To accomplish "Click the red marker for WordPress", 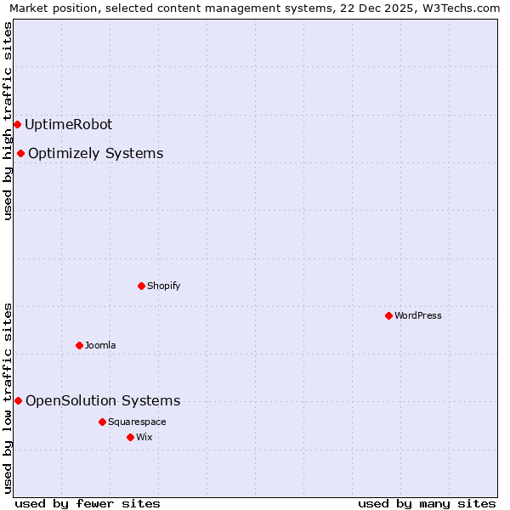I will tap(388, 315).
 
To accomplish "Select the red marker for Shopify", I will tap(142, 286).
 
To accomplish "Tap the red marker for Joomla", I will tap(79, 345).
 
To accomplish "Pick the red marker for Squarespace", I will tap(102, 422).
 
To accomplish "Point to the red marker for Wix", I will tap(130, 437).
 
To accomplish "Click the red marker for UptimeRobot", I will tap(17, 124).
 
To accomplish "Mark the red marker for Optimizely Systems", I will tap(20, 153).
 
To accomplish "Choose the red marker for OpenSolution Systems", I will tap(18, 400).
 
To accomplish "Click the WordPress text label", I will tap(418, 315).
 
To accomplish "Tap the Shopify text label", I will tap(164, 286).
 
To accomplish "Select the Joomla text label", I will tap(100, 345).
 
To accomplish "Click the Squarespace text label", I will tap(137, 422).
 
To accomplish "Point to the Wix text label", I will tap(144, 437).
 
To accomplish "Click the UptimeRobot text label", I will tap(69, 124).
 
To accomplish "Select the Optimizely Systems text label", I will tap(96, 153).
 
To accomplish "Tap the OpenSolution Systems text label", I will tap(103, 400).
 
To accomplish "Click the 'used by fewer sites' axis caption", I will tap(88, 503).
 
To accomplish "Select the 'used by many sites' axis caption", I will tap(427, 503).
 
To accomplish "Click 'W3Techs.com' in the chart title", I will tap(462, 8).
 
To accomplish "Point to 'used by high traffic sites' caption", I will tap(8, 121).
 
